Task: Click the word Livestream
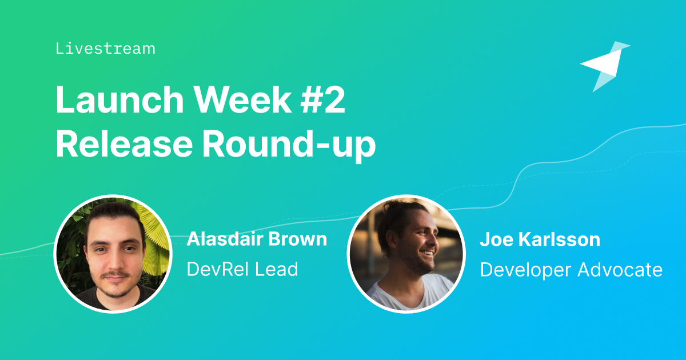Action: coord(105,49)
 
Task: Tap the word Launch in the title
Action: coord(119,99)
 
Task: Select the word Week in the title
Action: coord(243,99)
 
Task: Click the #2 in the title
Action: coord(323,99)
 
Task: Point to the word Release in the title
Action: coord(124,143)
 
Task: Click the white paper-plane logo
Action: coord(605,66)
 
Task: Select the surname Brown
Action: coord(297,239)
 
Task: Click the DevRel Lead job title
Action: coord(242,269)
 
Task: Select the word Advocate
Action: coord(620,270)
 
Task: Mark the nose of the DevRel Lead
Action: coord(114,259)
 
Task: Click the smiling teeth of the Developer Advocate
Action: coord(428,253)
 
